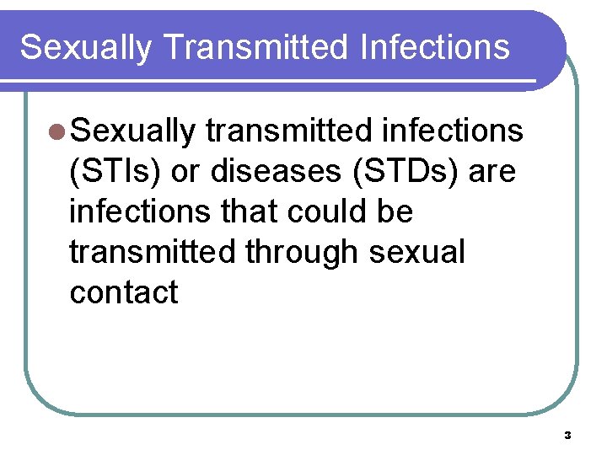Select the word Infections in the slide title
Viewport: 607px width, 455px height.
point(434,47)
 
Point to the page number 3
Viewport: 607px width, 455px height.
point(567,436)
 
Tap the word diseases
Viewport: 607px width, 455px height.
point(271,172)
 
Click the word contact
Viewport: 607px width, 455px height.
point(124,292)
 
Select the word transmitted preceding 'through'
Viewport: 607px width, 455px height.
point(153,252)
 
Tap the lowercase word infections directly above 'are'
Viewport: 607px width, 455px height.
point(452,132)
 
